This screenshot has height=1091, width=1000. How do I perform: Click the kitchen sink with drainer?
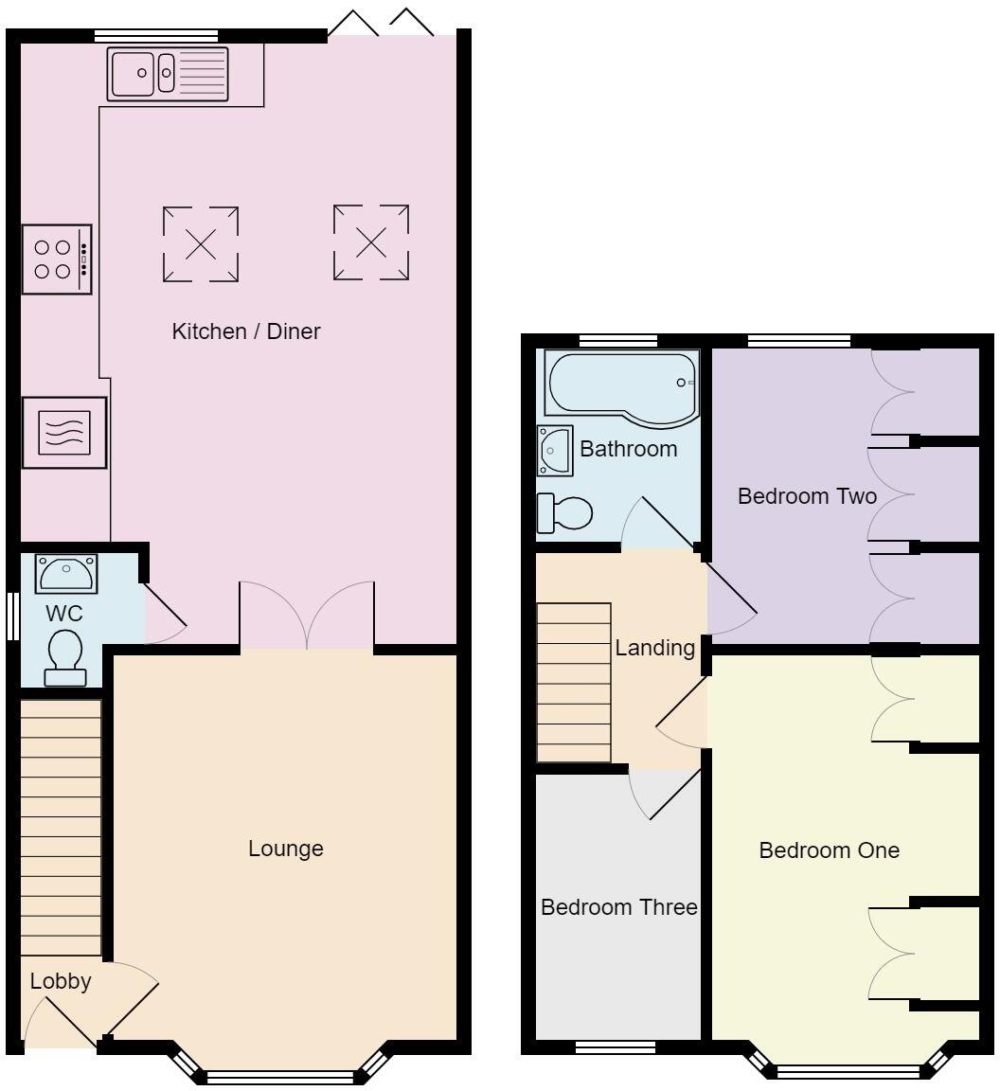tap(169, 73)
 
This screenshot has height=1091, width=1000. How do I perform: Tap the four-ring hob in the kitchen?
tap(57, 259)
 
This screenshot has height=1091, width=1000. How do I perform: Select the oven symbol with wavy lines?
tap(64, 432)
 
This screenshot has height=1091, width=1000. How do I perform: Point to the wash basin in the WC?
tap(66, 574)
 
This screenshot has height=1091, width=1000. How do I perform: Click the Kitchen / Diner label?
tap(246, 331)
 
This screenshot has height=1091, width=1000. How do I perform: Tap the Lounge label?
tap(286, 849)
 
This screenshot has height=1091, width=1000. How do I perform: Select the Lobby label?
tap(61, 981)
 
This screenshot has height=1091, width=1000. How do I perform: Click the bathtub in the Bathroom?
tap(620, 384)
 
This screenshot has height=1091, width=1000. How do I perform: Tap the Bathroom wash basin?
tap(554, 450)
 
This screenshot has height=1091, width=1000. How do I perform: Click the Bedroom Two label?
tap(807, 496)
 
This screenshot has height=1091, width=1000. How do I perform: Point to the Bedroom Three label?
tap(619, 907)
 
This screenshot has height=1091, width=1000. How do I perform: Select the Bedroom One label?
tap(830, 850)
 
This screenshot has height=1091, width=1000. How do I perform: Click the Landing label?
tap(655, 648)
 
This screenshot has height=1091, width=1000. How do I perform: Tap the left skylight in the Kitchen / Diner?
tap(200, 243)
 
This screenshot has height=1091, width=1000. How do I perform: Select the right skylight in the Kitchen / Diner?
tap(371, 242)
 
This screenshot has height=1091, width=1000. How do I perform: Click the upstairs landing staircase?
tap(574, 682)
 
